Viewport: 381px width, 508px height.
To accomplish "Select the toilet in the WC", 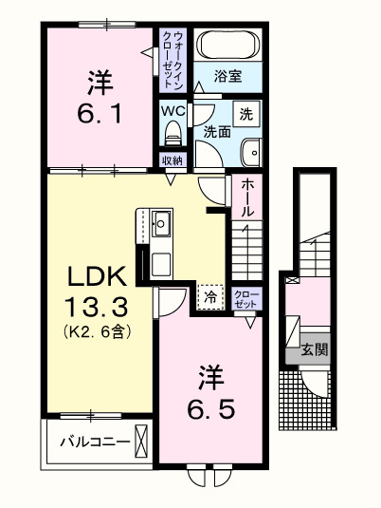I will click(x=172, y=131).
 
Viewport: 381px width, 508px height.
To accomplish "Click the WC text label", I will click(x=172, y=110).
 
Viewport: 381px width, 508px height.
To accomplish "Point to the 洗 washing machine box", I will click(x=245, y=114).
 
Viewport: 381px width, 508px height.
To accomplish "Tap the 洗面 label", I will click(x=216, y=133).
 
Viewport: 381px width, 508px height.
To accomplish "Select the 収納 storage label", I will click(x=172, y=160).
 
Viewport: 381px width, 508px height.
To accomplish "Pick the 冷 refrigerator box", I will click(x=210, y=297).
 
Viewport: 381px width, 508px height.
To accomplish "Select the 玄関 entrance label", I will click(x=315, y=349).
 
